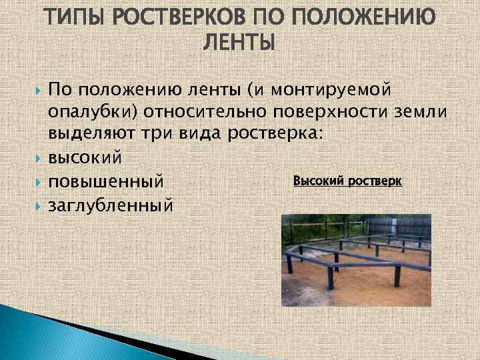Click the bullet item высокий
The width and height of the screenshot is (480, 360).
pyautogui.click(x=85, y=157)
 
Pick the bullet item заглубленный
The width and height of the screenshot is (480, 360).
pyautogui.click(x=111, y=204)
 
